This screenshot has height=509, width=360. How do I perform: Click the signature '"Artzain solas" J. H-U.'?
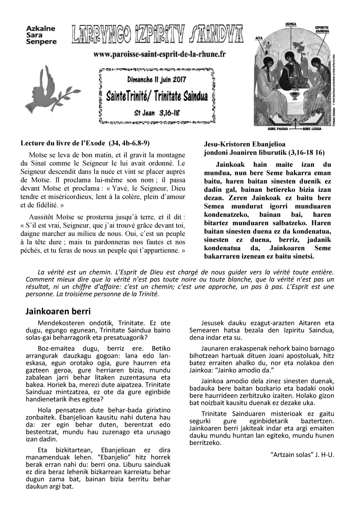[x=302, y=455]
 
